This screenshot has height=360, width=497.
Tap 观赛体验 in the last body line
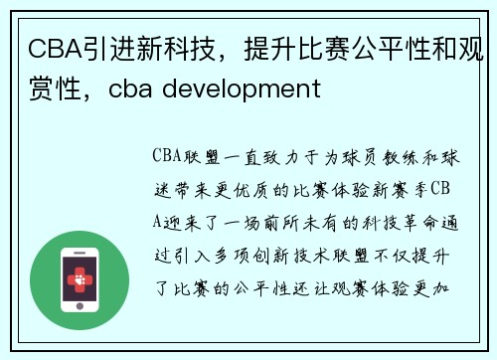click(391, 287)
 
